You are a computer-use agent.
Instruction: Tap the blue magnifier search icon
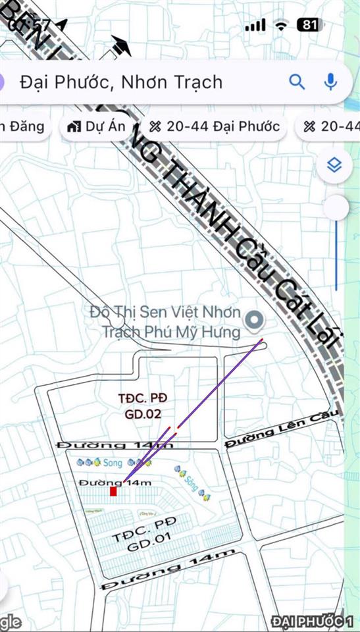coord(297,82)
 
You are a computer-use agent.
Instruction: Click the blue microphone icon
coord(330,82)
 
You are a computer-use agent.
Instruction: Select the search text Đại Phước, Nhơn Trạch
coord(121,82)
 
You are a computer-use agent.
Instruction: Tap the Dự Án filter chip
coord(96,126)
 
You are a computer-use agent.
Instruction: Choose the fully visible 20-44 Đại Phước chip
coord(215,126)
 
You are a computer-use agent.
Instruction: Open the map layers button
coord(335,166)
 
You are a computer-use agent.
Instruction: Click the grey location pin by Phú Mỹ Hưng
coord(254,321)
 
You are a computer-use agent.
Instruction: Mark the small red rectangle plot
coord(113,492)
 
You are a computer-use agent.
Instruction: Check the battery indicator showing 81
coord(310,25)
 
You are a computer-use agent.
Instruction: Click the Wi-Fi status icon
coord(282,25)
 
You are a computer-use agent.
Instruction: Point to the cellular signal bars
coord(255,25)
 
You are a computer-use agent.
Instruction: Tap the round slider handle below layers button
coord(337,207)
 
